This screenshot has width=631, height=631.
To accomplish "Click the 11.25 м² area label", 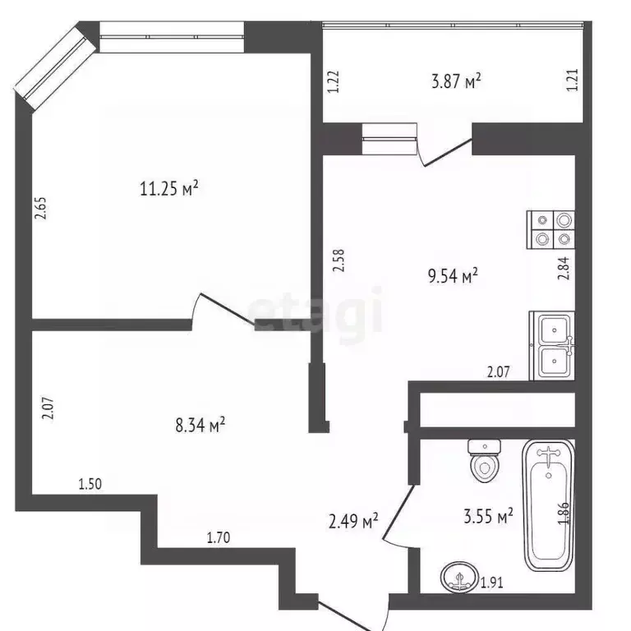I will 169,190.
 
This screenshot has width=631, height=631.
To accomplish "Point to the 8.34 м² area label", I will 200,425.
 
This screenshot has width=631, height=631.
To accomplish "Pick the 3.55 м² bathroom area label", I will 488,516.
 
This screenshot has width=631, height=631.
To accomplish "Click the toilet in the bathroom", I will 484,461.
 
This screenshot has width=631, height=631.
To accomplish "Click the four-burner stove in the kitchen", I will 551,229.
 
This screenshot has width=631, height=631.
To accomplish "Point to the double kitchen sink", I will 552,345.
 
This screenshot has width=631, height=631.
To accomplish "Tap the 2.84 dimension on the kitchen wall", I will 563,269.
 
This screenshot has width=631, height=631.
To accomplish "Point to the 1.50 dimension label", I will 90,484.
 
